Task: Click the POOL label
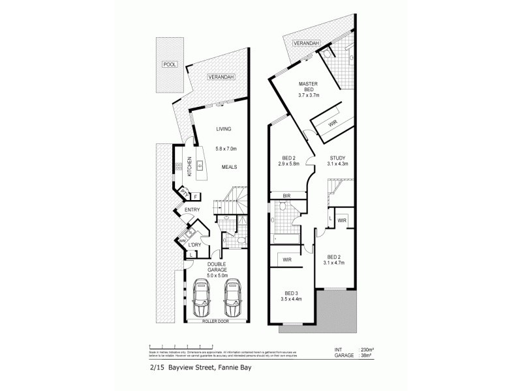click(x=170, y=65)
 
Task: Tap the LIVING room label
click(x=224, y=129)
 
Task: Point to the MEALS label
click(x=228, y=167)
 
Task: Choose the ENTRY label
click(x=192, y=209)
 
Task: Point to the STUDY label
click(x=337, y=158)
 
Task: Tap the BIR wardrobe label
click(x=286, y=195)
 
